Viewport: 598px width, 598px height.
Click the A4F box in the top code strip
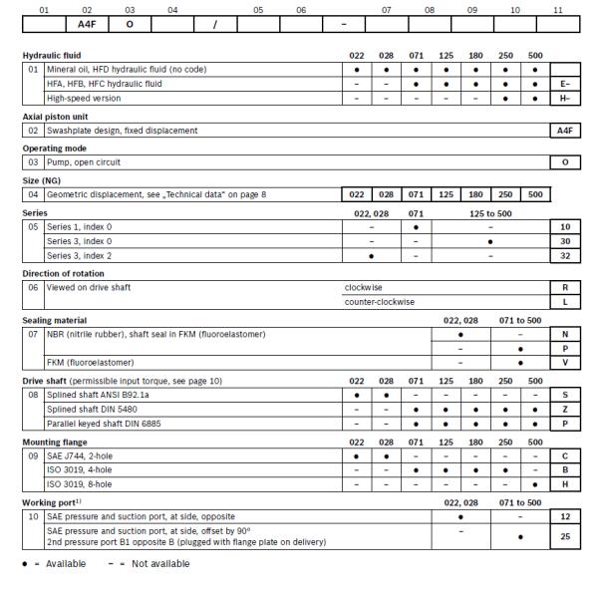(x=87, y=24)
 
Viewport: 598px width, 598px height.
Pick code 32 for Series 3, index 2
(x=565, y=255)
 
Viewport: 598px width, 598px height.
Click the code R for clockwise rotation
(x=565, y=286)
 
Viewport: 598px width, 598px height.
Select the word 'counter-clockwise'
(x=380, y=301)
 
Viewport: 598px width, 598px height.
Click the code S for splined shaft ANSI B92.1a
(x=565, y=396)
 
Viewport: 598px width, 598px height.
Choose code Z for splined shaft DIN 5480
(x=565, y=410)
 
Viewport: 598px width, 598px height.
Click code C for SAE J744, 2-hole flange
(x=565, y=455)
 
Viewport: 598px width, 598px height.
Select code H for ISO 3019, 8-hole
(x=565, y=484)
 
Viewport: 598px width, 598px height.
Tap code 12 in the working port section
(x=565, y=516)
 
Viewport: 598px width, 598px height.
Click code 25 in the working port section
(x=565, y=535)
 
